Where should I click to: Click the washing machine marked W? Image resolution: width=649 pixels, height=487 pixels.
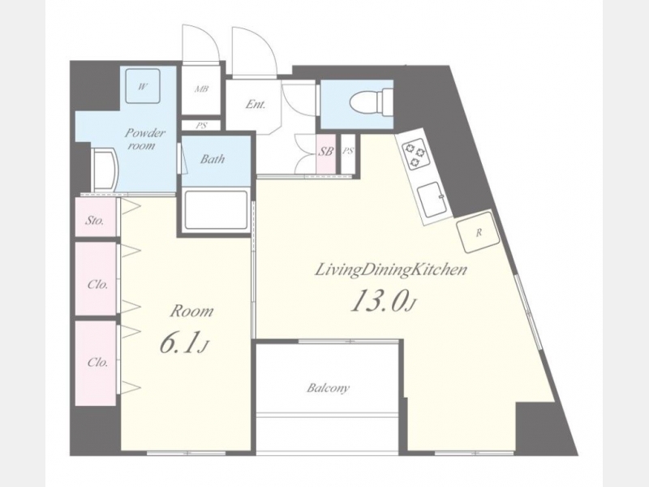pyautogui.click(x=143, y=87)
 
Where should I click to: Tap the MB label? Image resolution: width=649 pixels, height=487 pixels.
pyautogui.click(x=201, y=89)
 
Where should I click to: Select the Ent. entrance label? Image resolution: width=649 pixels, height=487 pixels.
pyautogui.click(x=255, y=104)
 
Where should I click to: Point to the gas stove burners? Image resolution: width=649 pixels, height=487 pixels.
pyautogui.click(x=415, y=154)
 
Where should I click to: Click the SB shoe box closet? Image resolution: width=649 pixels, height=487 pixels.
pyautogui.click(x=326, y=154)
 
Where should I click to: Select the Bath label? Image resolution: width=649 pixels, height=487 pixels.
pyautogui.click(x=213, y=159)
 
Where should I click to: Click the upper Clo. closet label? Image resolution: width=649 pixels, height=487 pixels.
pyautogui.click(x=97, y=285)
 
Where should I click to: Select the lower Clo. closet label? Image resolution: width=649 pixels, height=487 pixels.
pyautogui.click(x=97, y=362)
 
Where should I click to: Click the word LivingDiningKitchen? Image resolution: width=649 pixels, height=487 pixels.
pyautogui.click(x=391, y=270)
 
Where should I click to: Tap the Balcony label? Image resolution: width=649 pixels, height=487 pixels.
pyautogui.click(x=329, y=388)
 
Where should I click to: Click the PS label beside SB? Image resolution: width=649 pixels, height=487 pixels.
pyautogui.click(x=349, y=151)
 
